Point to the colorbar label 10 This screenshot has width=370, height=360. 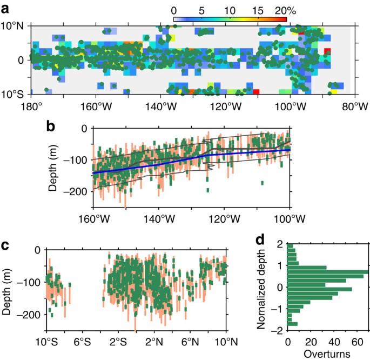click(x=230, y=10)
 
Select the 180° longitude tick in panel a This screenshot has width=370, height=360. click(x=32, y=106)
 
